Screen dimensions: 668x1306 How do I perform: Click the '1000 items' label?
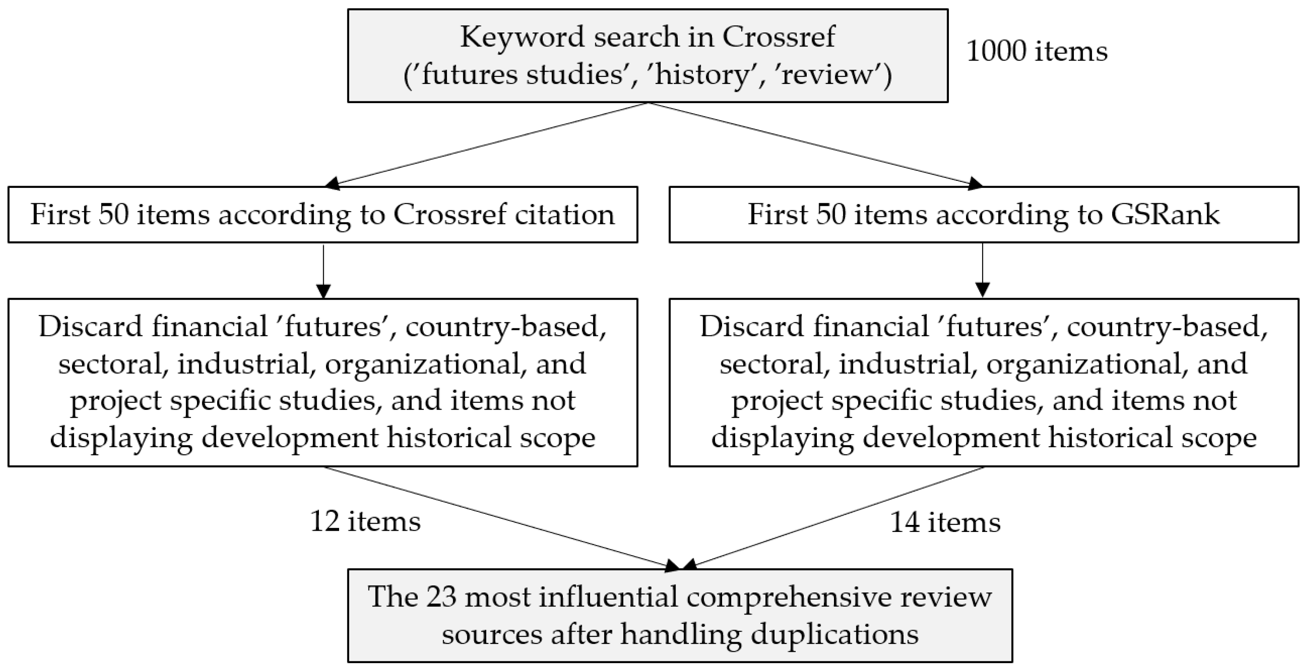(1036, 51)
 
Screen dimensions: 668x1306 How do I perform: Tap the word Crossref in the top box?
(778, 36)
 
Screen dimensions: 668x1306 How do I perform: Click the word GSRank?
(1165, 214)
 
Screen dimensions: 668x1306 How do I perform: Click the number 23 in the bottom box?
(442, 596)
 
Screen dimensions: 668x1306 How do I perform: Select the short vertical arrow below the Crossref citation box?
(323, 271)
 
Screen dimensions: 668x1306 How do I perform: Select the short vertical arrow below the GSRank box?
(983, 271)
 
